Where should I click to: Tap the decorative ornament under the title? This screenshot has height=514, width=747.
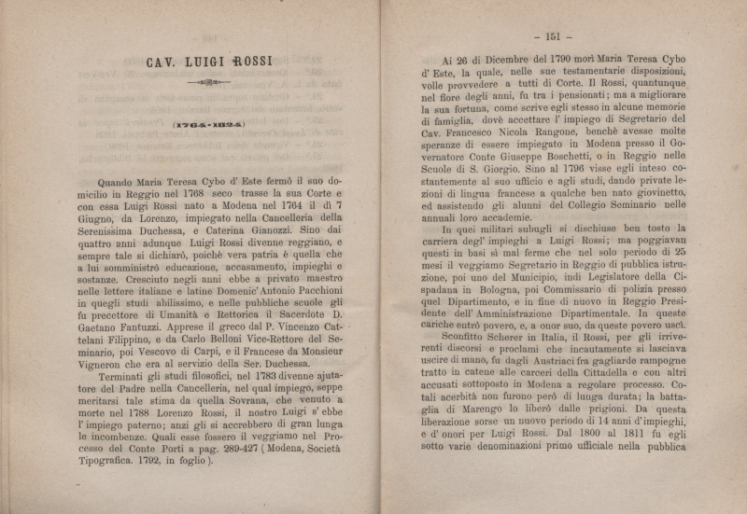(x=208, y=83)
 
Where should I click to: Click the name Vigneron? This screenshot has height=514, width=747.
(x=106, y=382)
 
